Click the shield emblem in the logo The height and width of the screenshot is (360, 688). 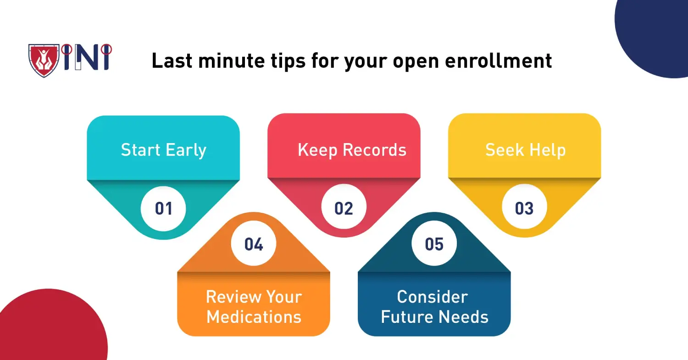[x=44, y=60]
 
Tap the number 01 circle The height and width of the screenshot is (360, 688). [x=163, y=208]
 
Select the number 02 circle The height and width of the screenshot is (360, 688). [x=344, y=208]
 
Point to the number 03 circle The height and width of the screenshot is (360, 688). [x=524, y=208]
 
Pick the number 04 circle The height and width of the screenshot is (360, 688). [x=254, y=244]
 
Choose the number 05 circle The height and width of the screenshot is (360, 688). [x=434, y=244]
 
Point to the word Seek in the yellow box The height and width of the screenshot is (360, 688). [x=504, y=150]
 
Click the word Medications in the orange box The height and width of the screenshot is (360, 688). [x=254, y=317]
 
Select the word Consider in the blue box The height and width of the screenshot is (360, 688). [x=432, y=297]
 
